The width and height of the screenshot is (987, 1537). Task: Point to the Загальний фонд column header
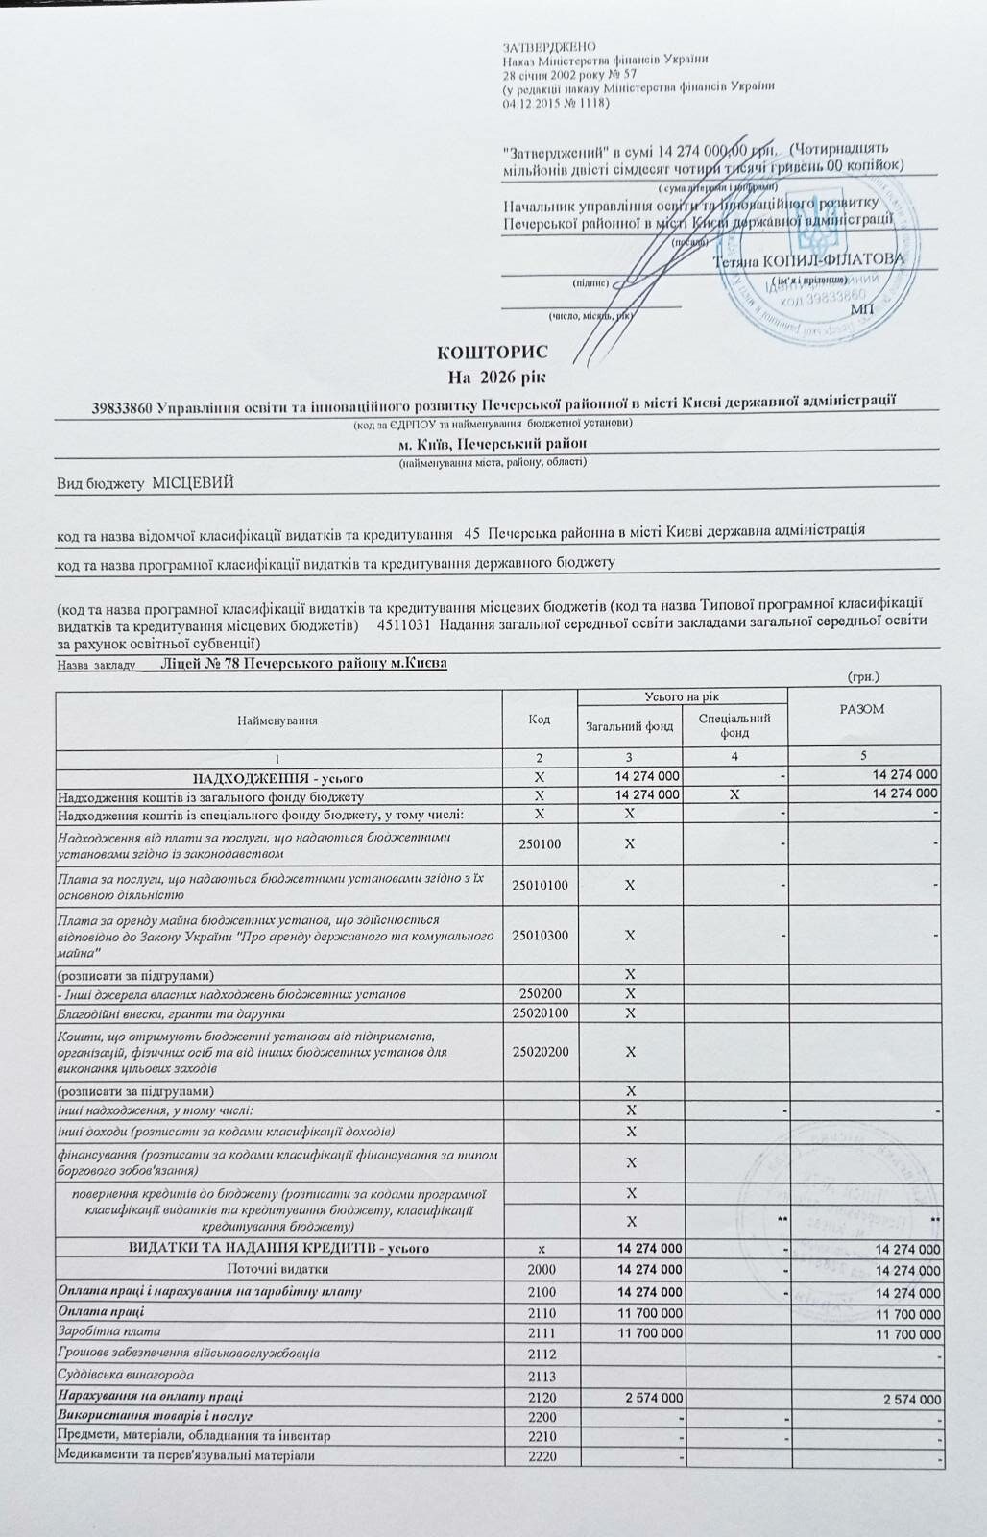pyautogui.click(x=630, y=726)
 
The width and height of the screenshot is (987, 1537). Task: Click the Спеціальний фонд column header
pyautogui.click(x=734, y=726)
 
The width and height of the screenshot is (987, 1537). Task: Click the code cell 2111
pyautogui.click(x=542, y=1333)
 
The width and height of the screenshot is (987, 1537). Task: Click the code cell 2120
pyautogui.click(x=542, y=1396)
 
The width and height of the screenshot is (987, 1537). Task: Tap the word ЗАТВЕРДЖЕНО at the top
pyautogui.click(x=549, y=47)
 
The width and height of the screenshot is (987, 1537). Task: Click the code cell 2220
pyautogui.click(x=542, y=1457)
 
